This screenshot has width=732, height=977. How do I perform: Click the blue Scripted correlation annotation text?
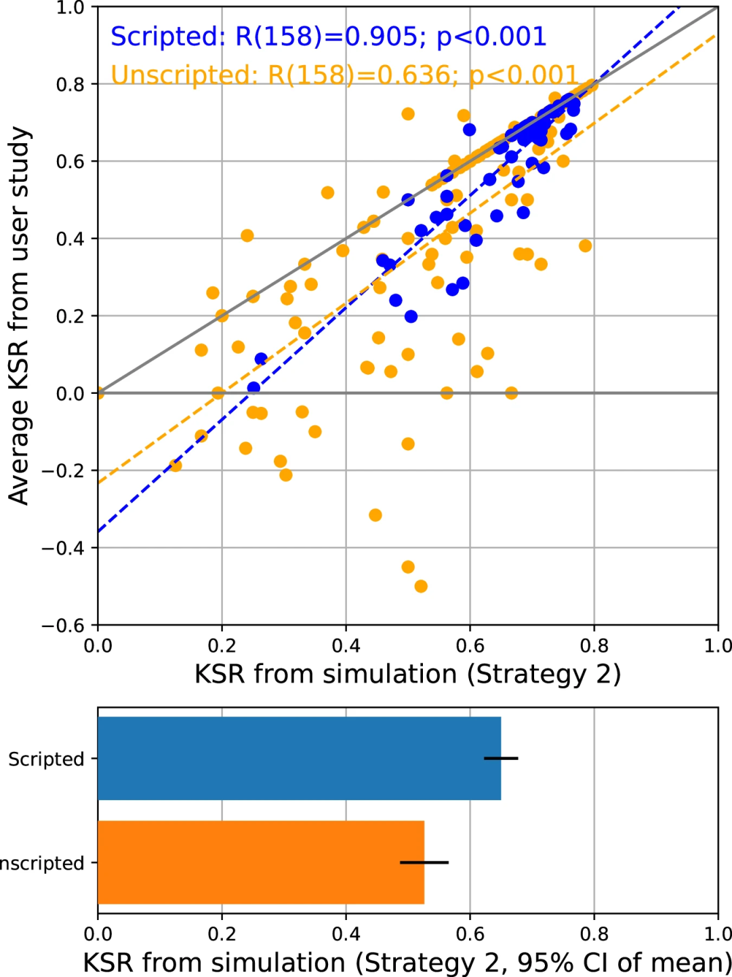pos(328,37)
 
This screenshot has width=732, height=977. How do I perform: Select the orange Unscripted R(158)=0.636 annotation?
pos(344,75)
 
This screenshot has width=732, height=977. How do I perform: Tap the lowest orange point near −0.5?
pos(421,586)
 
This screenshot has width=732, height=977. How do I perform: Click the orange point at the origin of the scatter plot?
pos(98,393)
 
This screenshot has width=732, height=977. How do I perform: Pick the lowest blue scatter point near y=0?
pos(253,388)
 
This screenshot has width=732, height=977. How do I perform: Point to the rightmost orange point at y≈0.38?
pos(585,245)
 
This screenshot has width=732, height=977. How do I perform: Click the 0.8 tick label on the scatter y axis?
pos(70,84)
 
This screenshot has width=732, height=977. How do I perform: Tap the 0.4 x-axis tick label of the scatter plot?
pos(346,645)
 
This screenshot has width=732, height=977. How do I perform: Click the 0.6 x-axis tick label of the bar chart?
pos(470,934)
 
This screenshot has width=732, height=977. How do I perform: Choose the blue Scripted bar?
pos(299,758)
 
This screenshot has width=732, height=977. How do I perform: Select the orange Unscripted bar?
pos(261,862)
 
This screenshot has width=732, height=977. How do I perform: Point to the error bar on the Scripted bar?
pos(502,758)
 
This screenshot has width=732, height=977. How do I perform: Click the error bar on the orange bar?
pos(424,862)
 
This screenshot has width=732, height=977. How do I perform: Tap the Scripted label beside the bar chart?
pos(46,759)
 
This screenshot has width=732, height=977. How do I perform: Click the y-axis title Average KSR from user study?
pos(19,315)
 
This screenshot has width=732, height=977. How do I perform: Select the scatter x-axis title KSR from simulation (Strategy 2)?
pos(407,675)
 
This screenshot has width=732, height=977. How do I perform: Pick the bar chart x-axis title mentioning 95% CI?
pos(407,963)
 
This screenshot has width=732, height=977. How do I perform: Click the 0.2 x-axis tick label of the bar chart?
pos(222,934)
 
